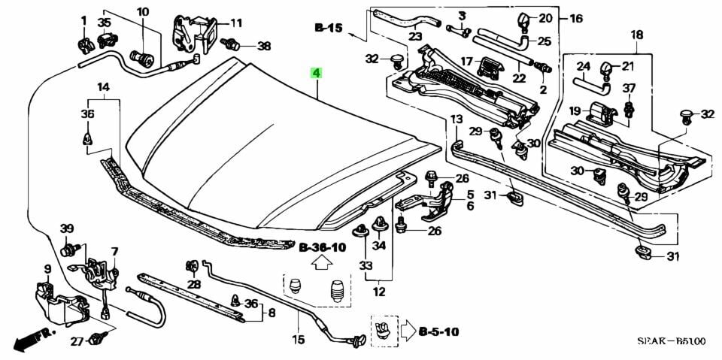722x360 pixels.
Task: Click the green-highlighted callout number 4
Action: click(x=317, y=73)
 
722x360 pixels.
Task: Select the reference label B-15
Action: click(x=329, y=28)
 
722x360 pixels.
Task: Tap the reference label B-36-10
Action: click(x=322, y=247)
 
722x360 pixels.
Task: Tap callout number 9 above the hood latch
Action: click(x=47, y=269)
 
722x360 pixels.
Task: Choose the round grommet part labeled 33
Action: click(x=361, y=233)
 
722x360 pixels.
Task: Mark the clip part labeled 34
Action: click(x=380, y=227)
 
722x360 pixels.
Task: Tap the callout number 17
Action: click(x=466, y=61)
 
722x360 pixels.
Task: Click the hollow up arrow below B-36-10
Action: click(x=321, y=264)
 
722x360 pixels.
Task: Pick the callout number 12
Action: click(x=378, y=292)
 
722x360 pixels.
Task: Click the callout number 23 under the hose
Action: click(x=415, y=35)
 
